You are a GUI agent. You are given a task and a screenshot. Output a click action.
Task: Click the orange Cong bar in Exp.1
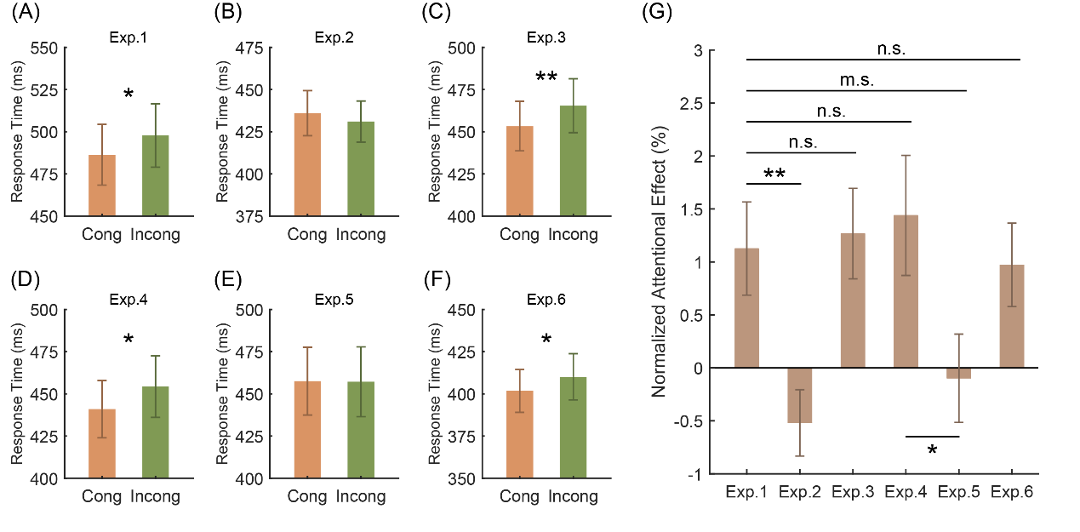(102, 186)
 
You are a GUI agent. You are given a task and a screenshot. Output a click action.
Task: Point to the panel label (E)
(231, 277)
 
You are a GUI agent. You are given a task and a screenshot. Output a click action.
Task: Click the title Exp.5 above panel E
(334, 300)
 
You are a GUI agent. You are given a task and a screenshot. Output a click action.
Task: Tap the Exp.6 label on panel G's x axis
(1012, 492)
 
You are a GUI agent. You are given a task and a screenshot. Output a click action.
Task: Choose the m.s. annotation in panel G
(856, 81)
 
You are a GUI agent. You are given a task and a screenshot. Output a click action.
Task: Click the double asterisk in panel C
(546, 77)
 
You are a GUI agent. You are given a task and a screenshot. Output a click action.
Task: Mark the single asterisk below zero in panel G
(932, 449)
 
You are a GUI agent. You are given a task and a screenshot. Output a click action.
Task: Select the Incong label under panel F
(573, 496)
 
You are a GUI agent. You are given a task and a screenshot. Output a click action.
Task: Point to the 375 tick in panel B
(253, 216)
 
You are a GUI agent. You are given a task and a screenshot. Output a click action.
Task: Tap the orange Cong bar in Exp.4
(102, 443)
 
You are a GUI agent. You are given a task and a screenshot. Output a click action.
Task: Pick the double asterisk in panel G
(774, 174)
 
